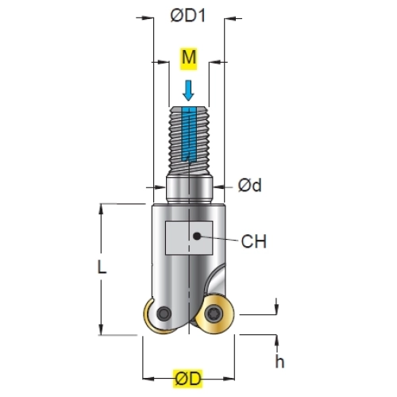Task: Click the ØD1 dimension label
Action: [188, 15]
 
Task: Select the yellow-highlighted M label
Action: [189, 59]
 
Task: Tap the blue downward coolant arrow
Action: [188, 91]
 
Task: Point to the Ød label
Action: [249, 185]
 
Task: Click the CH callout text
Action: [253, 241]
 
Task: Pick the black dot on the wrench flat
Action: [197, 236]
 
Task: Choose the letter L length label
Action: [102, 267]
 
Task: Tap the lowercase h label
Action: [279, 361]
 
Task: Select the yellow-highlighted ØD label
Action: [188, 379]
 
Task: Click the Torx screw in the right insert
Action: [214, 314]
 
